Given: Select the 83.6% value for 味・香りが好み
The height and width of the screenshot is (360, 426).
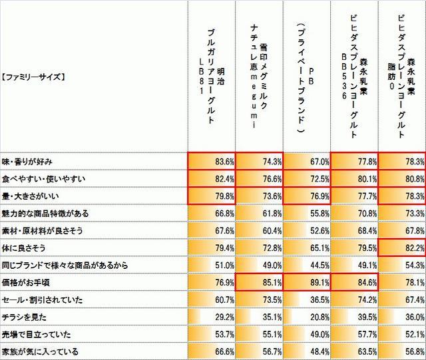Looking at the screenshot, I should [212, 161].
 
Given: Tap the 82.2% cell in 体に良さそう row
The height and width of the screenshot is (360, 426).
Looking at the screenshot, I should [402, 248].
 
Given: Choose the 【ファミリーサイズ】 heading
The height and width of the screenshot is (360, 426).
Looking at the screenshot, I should [33, 77].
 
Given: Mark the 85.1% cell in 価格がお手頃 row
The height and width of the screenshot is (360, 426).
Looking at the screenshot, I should [259, 282].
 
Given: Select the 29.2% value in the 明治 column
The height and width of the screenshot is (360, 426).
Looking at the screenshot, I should [212, 317].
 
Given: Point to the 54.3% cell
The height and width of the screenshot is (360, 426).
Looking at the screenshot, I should [402, 265].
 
